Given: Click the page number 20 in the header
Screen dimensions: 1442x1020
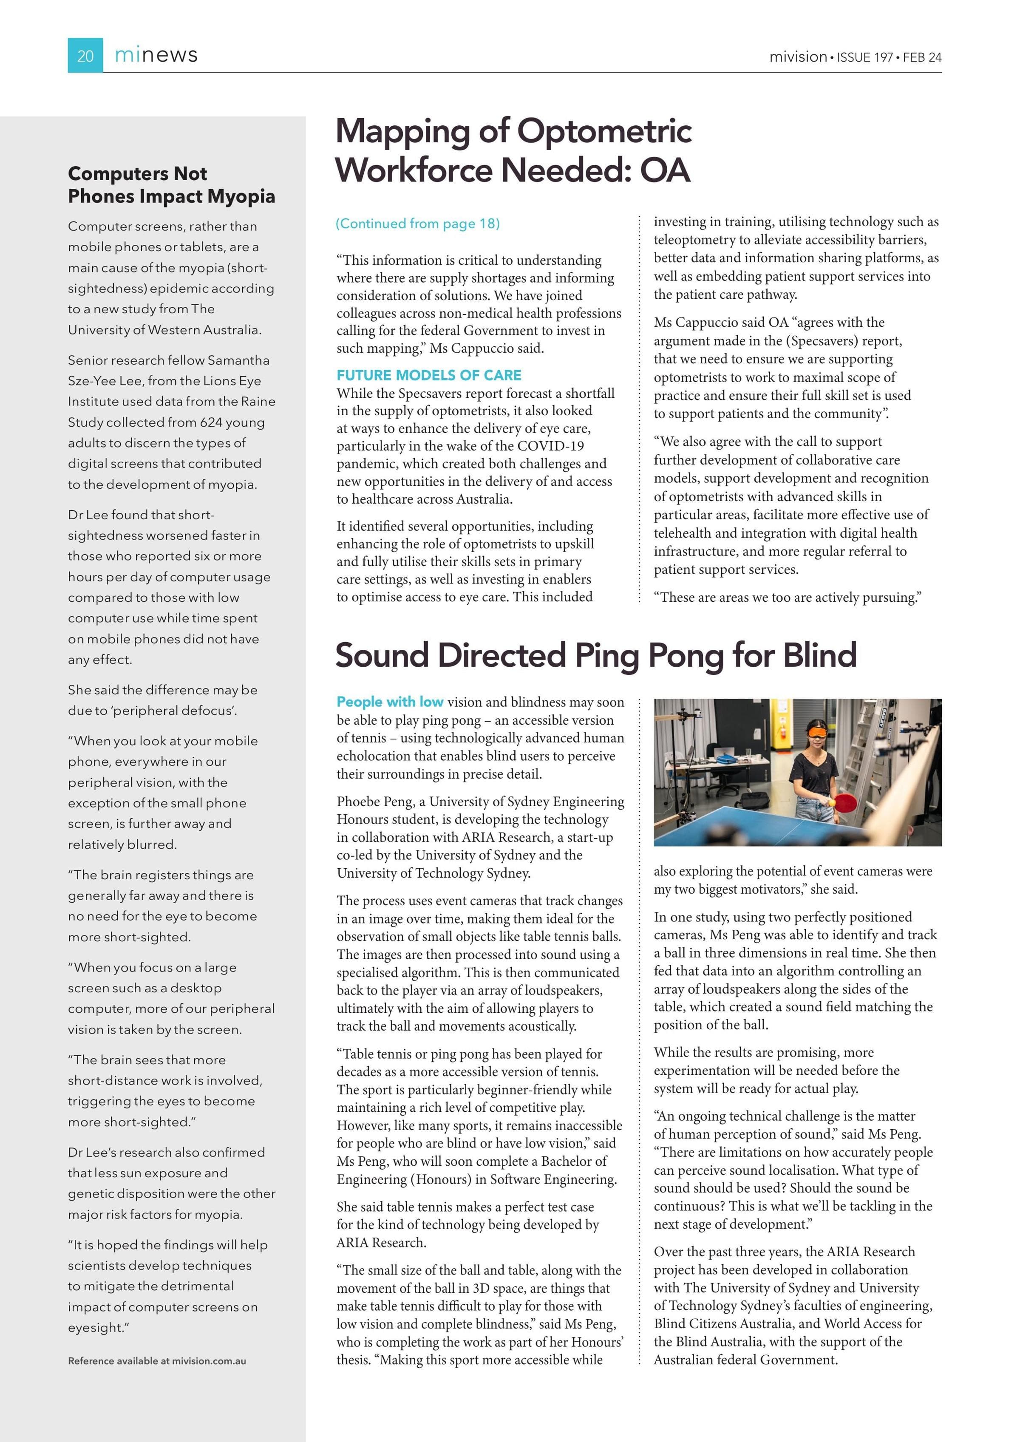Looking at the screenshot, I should (85, 57).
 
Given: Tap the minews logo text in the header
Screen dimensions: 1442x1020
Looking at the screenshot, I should (156, 55).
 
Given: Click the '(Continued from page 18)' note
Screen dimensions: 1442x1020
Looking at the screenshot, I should (418, 224).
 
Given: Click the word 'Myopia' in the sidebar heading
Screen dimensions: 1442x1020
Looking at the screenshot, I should (241, 197).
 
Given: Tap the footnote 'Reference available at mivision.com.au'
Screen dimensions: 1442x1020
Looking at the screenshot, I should (157, 1361).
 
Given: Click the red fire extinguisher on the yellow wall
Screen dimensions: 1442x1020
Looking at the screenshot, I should (782, 733).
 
